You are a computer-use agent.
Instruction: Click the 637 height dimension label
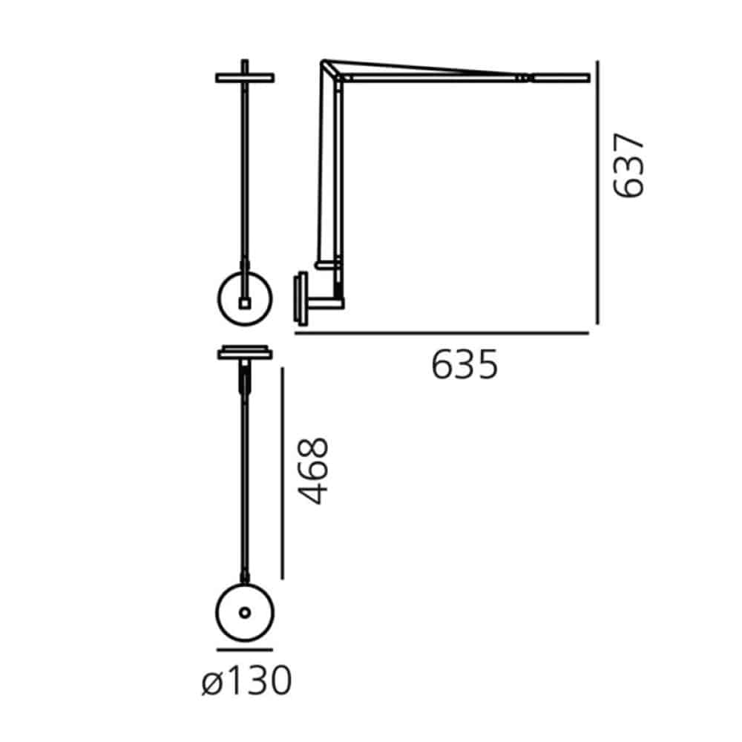click(628, 165)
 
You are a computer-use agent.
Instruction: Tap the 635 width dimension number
click(464, 364)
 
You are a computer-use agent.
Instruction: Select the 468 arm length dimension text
click(313, 471)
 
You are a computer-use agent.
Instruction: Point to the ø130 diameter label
click(246, 680)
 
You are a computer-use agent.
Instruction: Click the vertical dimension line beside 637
click(597, 192)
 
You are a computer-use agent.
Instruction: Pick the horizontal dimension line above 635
click(441, 333)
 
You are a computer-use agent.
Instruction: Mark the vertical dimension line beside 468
click(282, 473)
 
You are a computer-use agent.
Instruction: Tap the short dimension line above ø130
click(245, 650)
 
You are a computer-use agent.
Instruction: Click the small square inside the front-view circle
click(245, 303)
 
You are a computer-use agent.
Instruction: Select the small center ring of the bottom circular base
click(245, 613)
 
